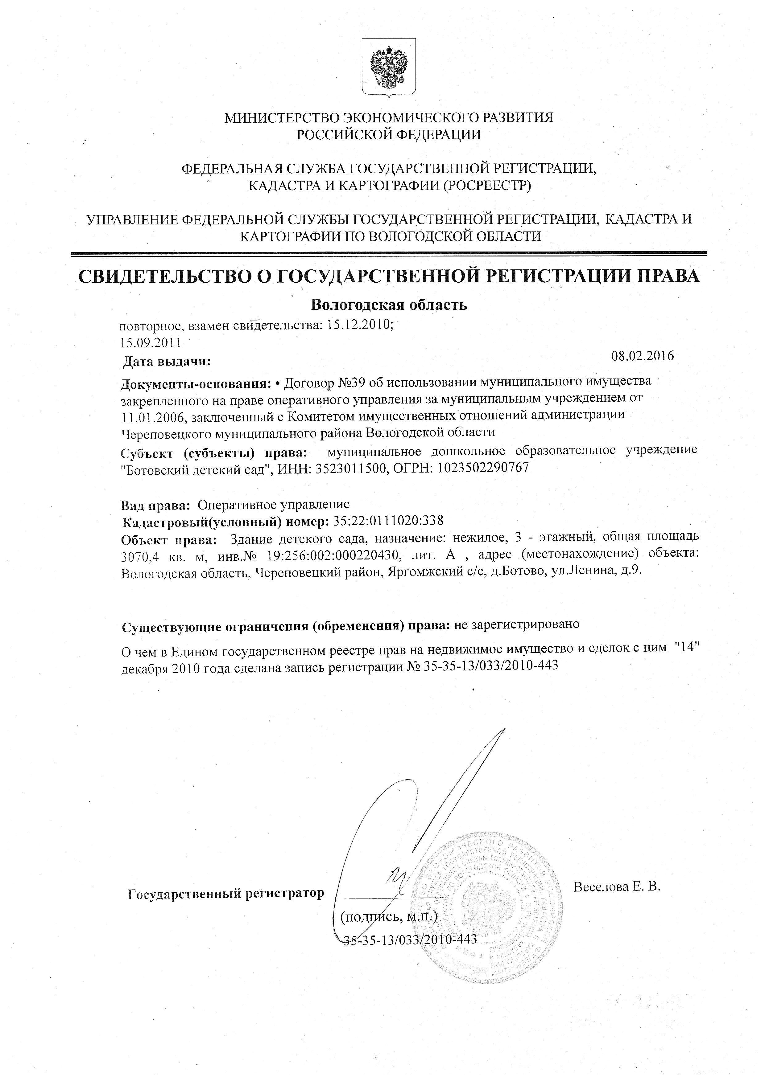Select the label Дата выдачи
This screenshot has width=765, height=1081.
(166, 362)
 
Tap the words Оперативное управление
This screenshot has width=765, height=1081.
(274, 505)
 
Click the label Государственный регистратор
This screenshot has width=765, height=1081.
(226, 893)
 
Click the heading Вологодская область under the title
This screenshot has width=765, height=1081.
(389, 305)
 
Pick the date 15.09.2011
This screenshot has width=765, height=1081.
(151, 342)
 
